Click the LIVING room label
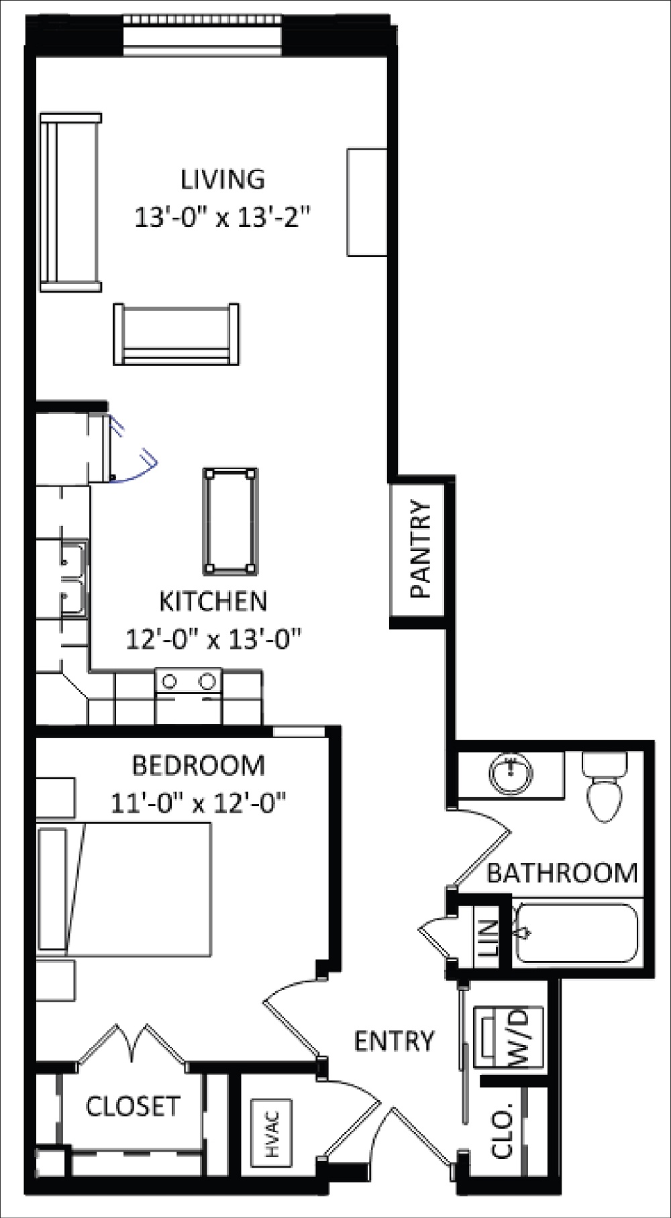pos(223,179)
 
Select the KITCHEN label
pos(213,601)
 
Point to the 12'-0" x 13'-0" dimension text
pos(213,639)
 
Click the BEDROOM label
pos(199,765)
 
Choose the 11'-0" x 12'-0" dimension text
pos(199,802)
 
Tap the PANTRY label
pos(422,549)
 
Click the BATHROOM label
pos(562,872)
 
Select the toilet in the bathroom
pos(606,786)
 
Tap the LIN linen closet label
pos(487,937)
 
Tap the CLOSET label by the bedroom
pos(133,1105)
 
